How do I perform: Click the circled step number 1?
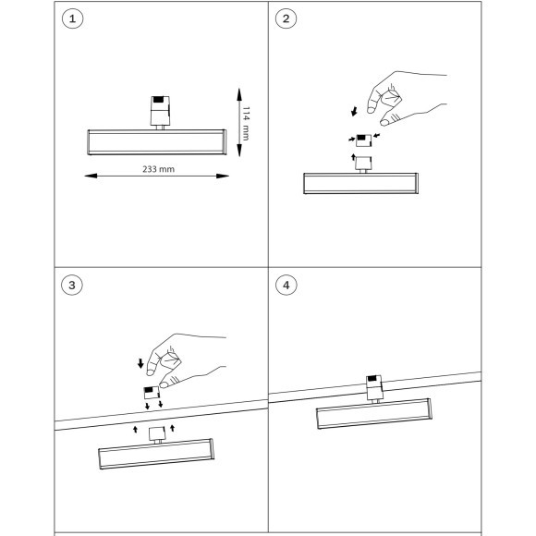(72, 18)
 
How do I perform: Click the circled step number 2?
(286, 18)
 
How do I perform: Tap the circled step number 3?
(72, 285)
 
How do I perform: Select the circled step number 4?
(286, 285)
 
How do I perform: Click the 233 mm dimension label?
(158, 169)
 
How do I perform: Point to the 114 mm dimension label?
(246, 124)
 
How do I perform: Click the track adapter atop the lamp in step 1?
(160, 112)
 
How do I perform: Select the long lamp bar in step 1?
(157, 142)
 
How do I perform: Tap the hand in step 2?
(407, 98)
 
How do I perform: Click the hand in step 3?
(187, 360)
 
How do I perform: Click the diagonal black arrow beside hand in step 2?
(355, 111)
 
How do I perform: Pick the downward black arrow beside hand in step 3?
(140, 363)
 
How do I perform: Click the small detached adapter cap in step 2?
(363, 140)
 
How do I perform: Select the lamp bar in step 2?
(360, 183)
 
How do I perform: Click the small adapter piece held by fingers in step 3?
(152, 393)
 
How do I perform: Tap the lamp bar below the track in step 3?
(156, 454)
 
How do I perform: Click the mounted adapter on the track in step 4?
(374, 387)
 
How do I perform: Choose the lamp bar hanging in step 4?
(374, 414)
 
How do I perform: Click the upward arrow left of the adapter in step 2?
(353, 157)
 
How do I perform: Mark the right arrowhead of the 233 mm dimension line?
(223, 176)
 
